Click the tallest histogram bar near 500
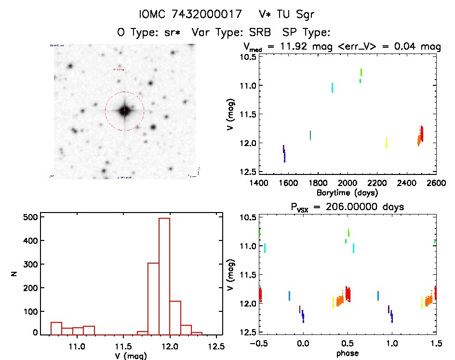click(164, 276)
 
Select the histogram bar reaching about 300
click(153, 298)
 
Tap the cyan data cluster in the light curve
click(333, 88)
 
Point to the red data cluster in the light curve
click(422, 133)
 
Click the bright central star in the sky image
click(124, 111)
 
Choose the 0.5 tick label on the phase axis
click(347, 345)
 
